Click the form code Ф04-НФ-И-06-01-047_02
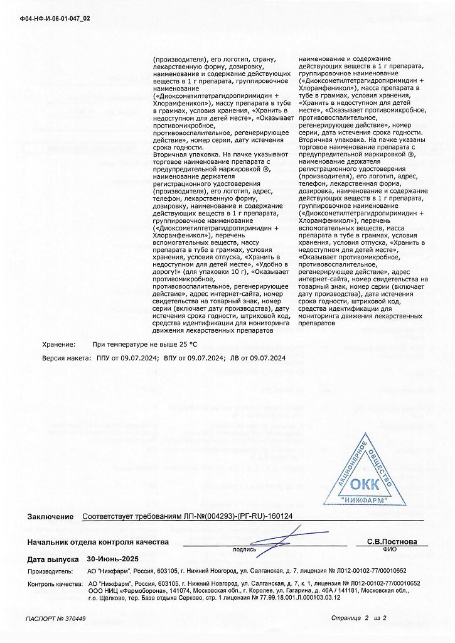point(55,18)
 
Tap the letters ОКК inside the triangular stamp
point(365,484)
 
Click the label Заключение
point(50,517)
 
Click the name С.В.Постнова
point(392,541)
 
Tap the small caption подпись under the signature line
point(244,549)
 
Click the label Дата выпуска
point(53,559)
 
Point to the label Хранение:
point(58,344)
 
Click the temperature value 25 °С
point(188,344)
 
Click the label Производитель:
point(50,571)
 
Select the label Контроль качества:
point(55,583)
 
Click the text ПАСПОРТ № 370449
point(56,619)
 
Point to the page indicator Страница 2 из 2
point(359,619)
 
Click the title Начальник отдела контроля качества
point(98,541)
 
